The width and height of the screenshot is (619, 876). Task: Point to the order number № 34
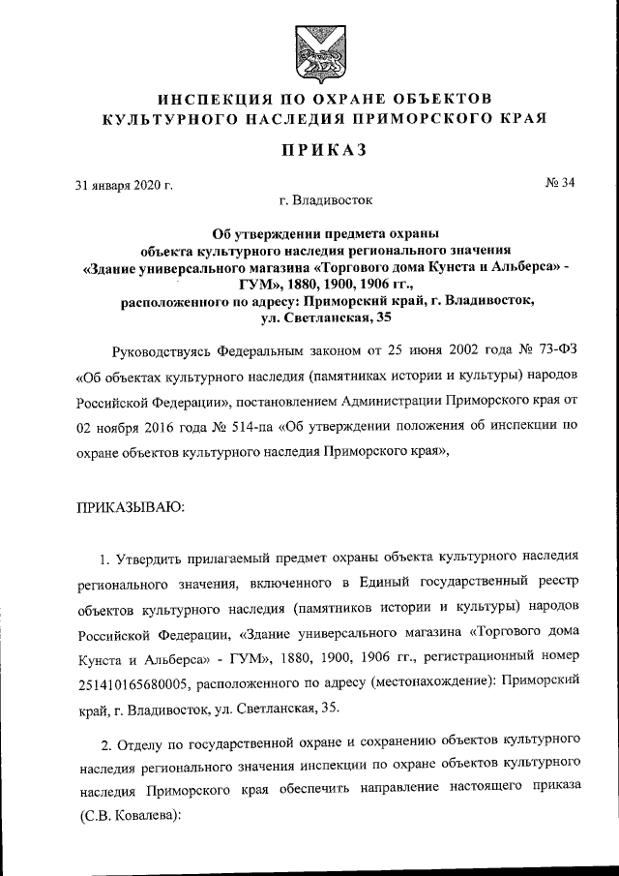[560, 184]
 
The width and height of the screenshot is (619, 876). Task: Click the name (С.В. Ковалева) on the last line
[131, 816]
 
